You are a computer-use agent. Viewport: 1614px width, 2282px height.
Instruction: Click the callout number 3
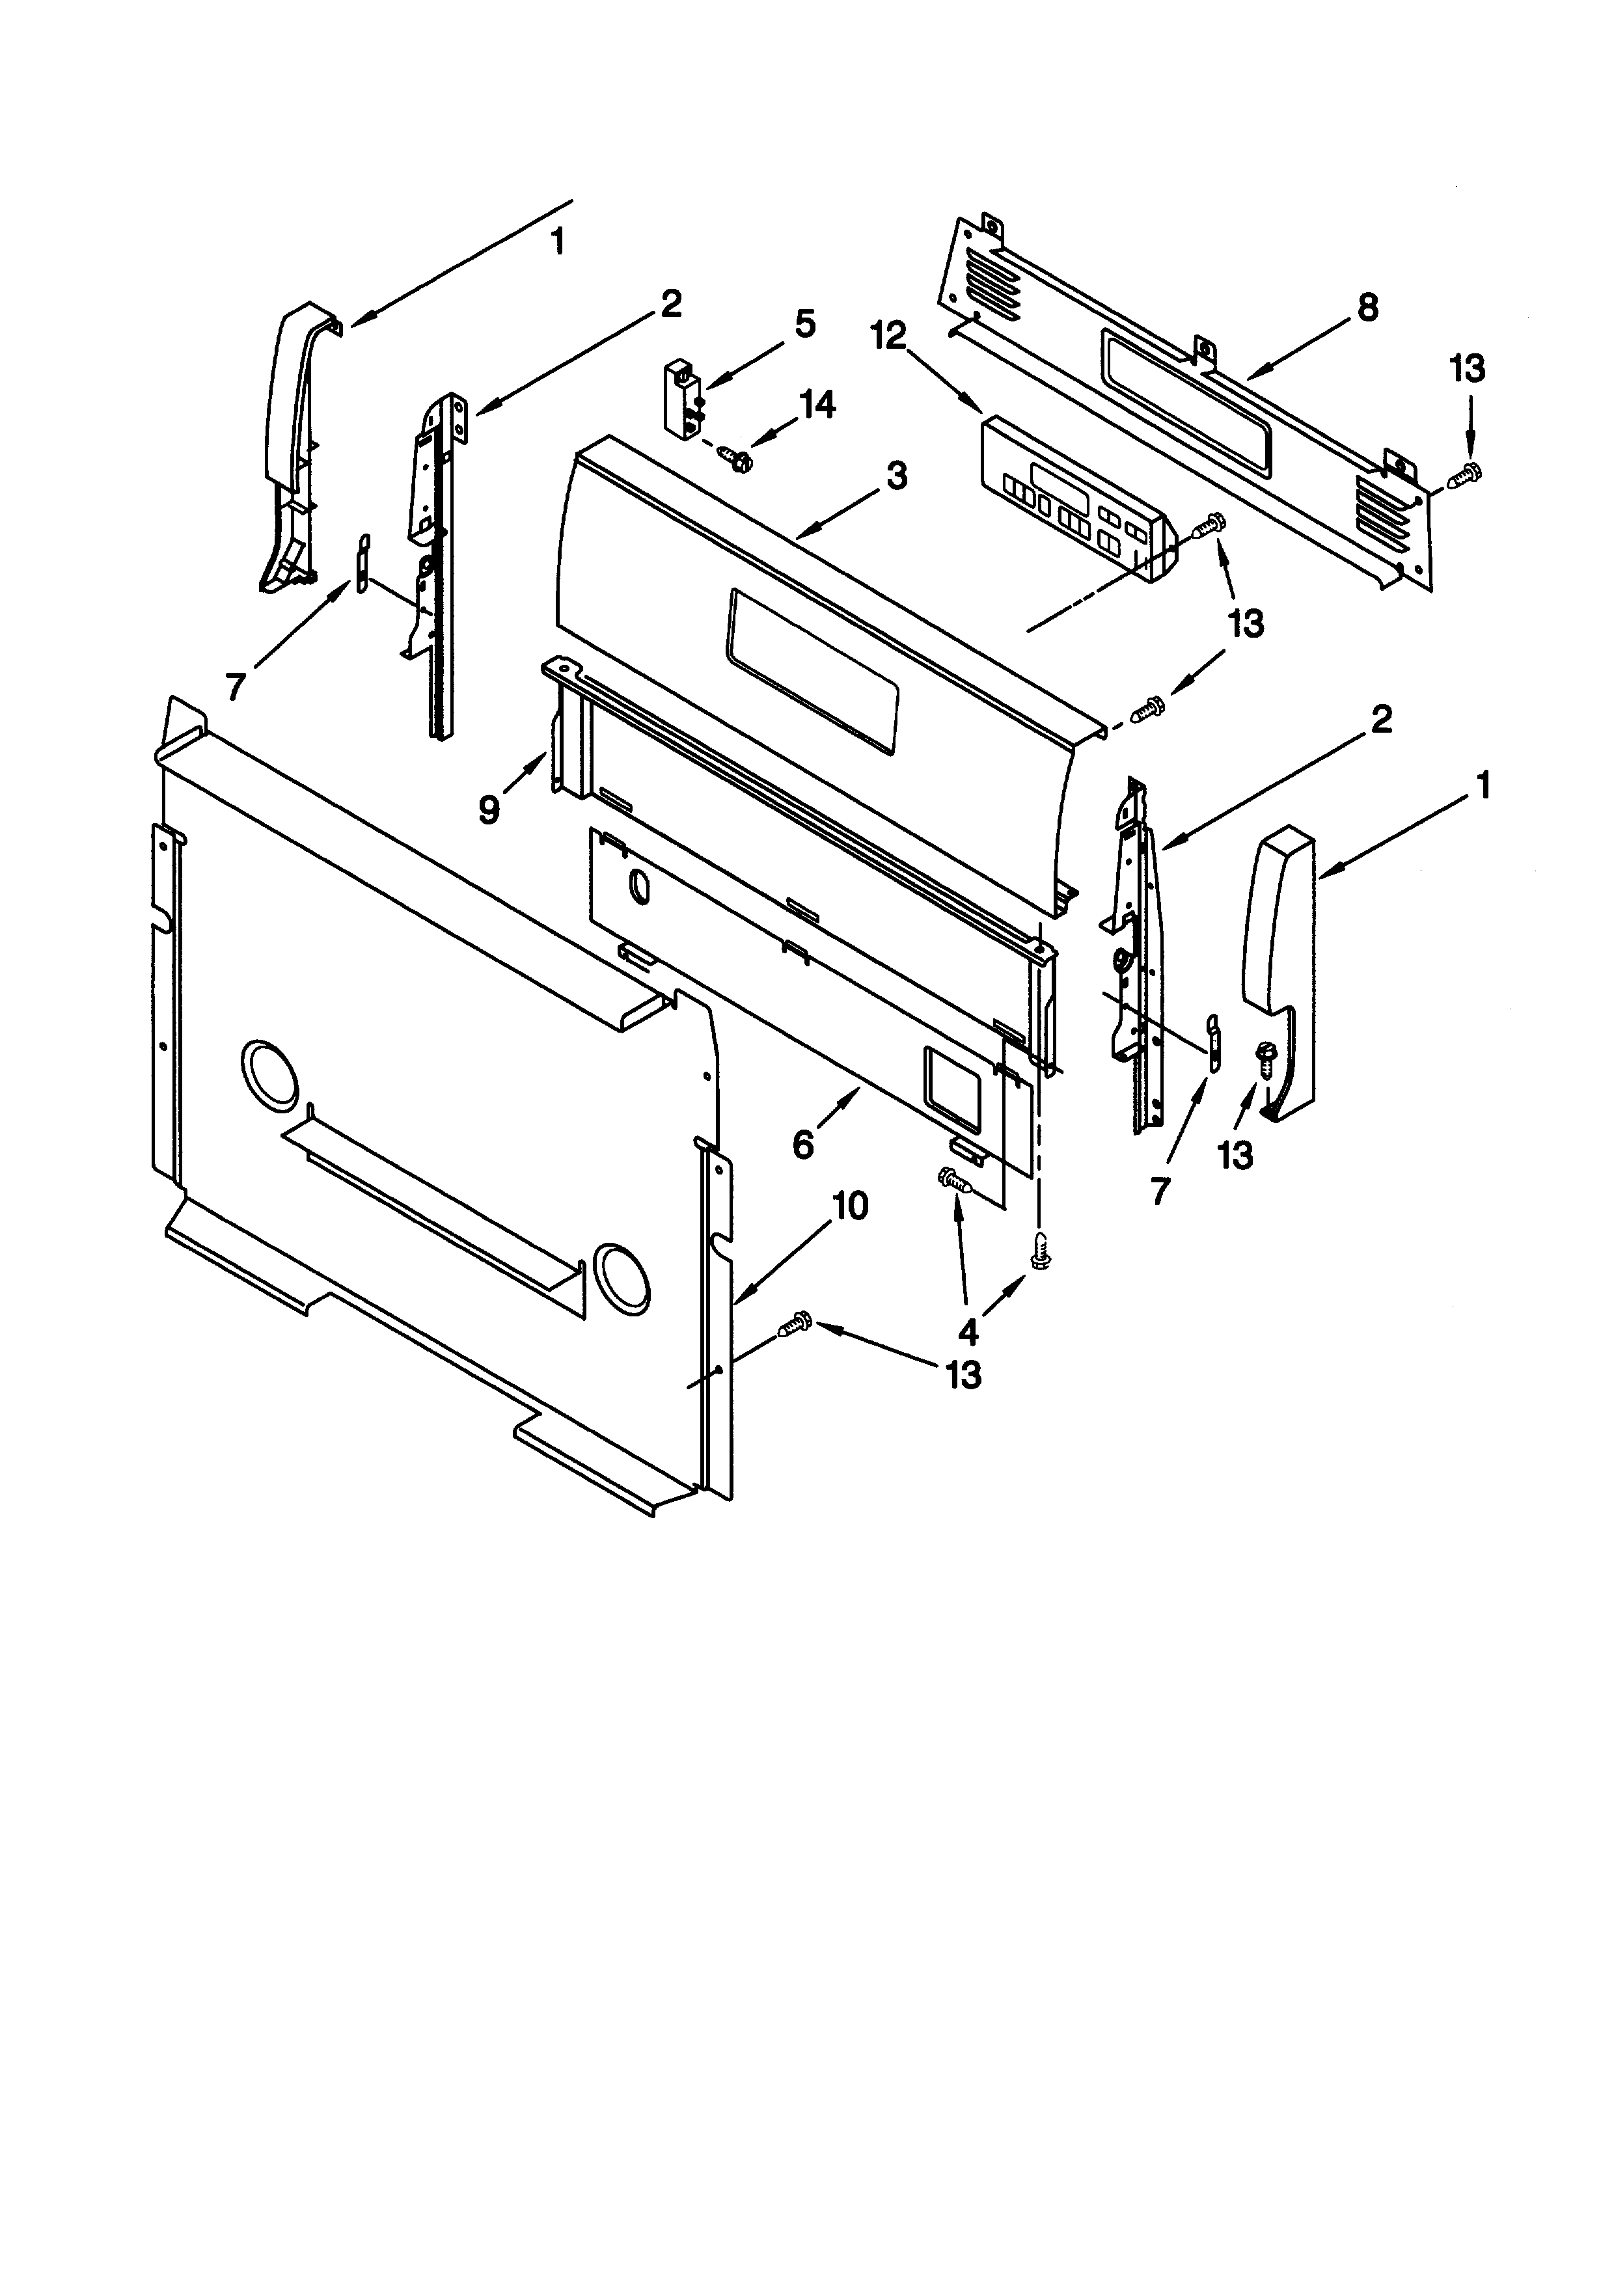point(896,476)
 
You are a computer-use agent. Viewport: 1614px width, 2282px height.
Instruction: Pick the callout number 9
point(489,810)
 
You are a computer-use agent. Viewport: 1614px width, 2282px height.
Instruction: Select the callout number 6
point(803,1145)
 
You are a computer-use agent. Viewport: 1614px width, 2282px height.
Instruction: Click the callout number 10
point(850,1206)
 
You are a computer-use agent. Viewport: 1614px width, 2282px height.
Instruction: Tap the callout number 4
point(967,1331)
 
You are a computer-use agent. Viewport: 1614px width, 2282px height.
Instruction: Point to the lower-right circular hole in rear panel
point(623,1275)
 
